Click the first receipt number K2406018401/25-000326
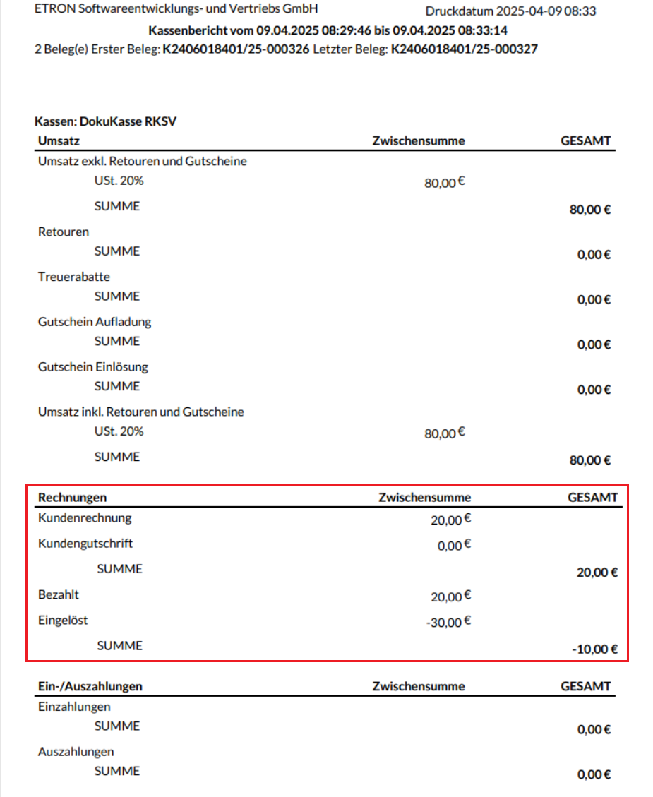click(236, 49)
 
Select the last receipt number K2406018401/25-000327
click(464, 49)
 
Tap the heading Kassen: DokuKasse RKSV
click(105, 121)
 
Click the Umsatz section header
click(59, 140)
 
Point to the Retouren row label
click(64, 232)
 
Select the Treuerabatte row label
click(74, 277)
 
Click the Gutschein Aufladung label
click(95, 322)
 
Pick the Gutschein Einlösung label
click(93, 367)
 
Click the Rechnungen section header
click(73, 498)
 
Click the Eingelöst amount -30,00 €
click(447, 622)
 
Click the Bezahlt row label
click(59, 594)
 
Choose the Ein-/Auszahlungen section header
click(90, 686)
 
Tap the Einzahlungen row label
click(74, 707)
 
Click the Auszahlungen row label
click(76, 752)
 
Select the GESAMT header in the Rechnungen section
click(592, 498)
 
